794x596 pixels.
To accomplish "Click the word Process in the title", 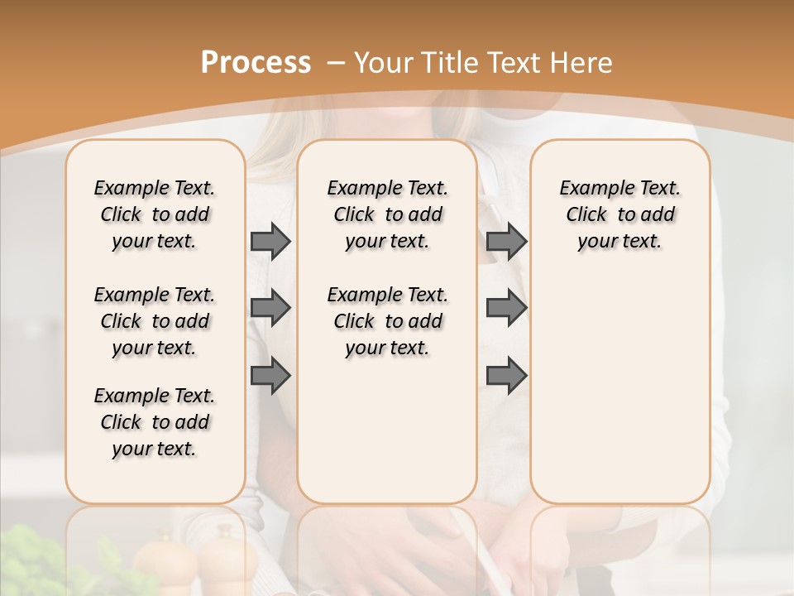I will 256,63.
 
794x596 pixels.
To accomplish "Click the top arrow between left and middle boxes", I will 270,241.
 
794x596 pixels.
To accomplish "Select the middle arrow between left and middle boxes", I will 270,308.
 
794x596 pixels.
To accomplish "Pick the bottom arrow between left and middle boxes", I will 270,376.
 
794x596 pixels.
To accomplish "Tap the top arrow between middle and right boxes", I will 506,241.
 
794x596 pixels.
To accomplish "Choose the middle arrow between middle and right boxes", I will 506,308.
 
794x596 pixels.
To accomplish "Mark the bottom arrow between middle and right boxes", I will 506,376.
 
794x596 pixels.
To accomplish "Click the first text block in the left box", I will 155,214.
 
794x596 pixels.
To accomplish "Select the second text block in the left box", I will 155,321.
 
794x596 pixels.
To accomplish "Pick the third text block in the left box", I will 155,422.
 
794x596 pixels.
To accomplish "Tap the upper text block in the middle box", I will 387,214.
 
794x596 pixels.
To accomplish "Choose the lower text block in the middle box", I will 387,321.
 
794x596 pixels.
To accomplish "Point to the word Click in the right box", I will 586,215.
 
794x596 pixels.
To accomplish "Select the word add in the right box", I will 658,215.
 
